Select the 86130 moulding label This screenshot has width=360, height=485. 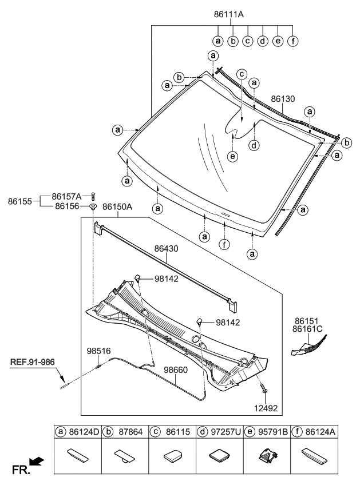(x=283, y=99)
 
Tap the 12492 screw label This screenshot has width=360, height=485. (x=266, y=408)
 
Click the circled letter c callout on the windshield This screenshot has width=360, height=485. (x=242, y=74)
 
